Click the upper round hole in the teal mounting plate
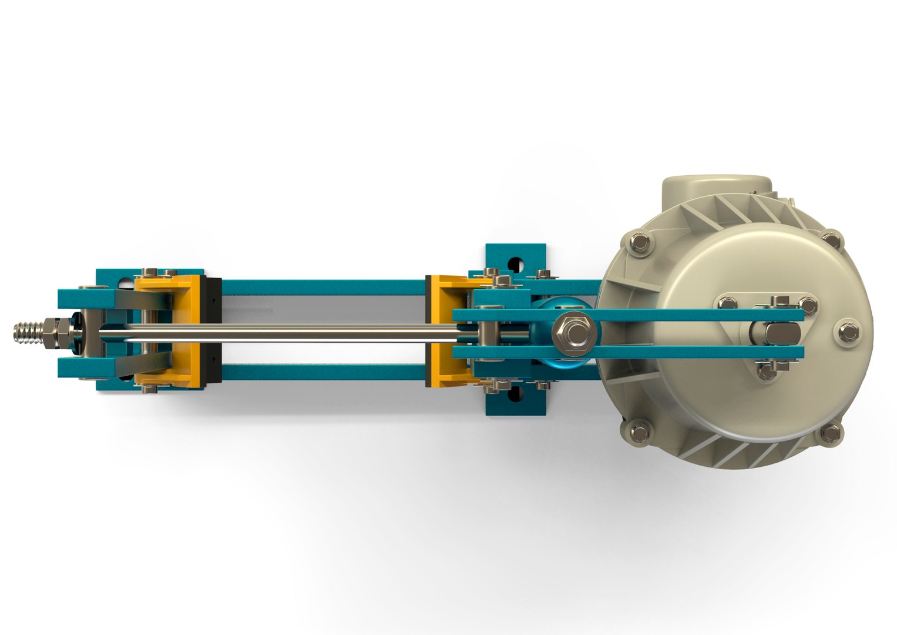coord(516,262)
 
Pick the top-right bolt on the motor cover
coord(831,240)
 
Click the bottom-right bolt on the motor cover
coord(831,434)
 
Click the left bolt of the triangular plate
coord(727,303)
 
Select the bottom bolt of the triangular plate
coord(767,371)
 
